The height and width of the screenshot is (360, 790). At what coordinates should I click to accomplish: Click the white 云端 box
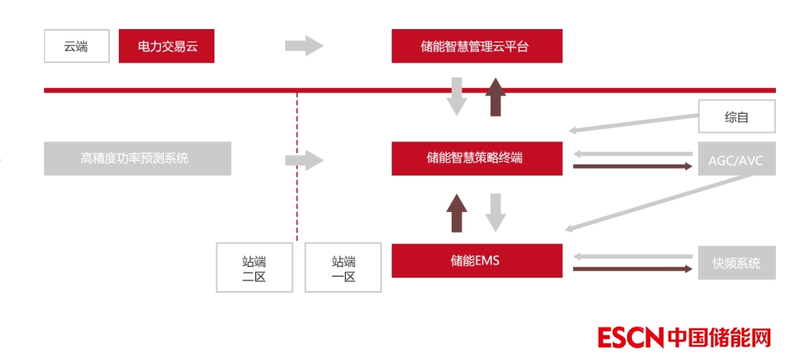pos(77,47)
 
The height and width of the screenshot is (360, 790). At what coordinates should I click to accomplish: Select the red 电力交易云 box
pos(166,47)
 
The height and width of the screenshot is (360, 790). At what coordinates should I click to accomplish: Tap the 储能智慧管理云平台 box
pos(476,47)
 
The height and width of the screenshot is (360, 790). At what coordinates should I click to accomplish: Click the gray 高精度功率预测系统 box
pos(137,158)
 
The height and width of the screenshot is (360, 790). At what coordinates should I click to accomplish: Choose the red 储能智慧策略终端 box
pos(476,158)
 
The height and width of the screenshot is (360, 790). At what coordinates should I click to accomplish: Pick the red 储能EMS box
pos(476,260)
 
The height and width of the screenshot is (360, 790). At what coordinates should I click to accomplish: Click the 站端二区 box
pos(254,268)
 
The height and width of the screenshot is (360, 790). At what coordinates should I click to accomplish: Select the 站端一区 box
pos(343,268)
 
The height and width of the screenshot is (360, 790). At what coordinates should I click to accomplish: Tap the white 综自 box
pos(736,117)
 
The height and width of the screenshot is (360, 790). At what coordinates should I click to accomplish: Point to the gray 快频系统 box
pos(736,263)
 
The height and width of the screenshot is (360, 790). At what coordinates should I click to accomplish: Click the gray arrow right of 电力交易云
pos(304,46)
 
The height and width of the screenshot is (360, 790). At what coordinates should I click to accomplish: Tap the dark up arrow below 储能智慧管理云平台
pos(496,96)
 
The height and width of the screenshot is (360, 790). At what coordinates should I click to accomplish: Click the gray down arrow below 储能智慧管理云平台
pos(457,96)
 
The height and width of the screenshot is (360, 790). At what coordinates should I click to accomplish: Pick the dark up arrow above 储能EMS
pos(457,213)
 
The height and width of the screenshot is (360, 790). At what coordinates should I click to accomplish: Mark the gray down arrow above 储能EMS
pos(496,213)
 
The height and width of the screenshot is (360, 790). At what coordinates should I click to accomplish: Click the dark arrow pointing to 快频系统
pos(632,269)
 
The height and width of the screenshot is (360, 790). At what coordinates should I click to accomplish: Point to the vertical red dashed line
pos(297,166)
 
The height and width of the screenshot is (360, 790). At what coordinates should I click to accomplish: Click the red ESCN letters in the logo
pos(630,338)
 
